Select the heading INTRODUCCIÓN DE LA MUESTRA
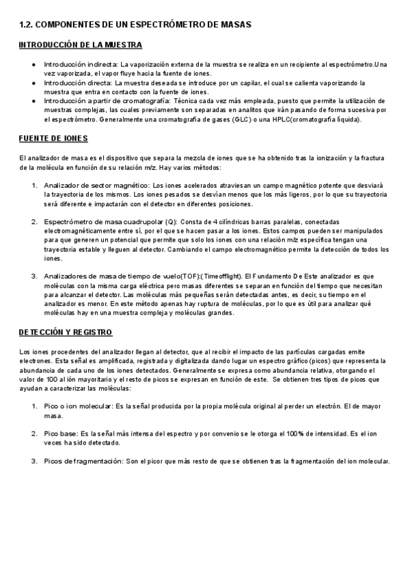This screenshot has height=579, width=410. [80, 45]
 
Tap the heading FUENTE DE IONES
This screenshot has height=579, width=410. [53, 139]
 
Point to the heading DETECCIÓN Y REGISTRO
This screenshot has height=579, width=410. [66, 332]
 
